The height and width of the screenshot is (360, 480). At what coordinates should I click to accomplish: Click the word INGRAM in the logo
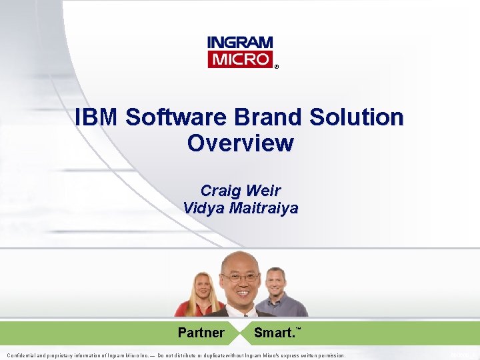(x=240, y=42)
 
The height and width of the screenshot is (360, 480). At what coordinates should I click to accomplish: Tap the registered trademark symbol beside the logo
(x=277, y=67)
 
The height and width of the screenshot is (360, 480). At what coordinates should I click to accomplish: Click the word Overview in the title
(x=240, y=143)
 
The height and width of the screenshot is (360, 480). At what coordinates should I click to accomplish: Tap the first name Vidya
(x=203, y=208)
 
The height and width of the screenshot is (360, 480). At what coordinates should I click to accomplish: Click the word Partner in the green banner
(x=201, y=333)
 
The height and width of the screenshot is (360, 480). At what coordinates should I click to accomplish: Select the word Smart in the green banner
(x=274, y=333)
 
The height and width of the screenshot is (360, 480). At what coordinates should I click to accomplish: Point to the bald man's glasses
(x=240, y=277)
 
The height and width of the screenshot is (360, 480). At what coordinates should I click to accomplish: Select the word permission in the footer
(x=327, y=356)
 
